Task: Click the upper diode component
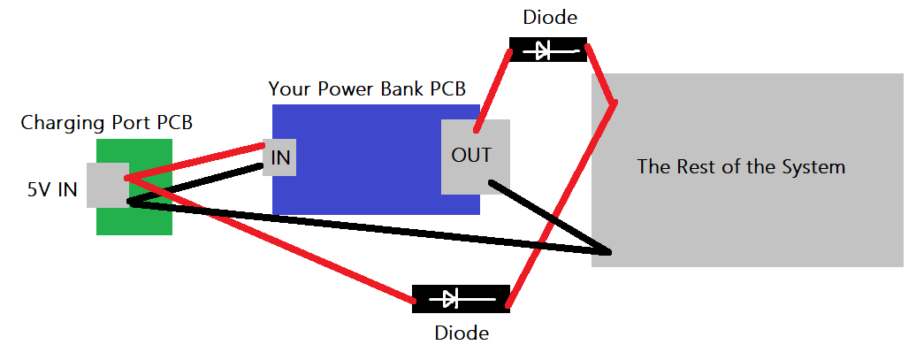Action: click(x=549, y=50)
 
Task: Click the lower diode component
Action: click(x=461, y=298)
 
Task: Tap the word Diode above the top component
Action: click(x=549, y=18)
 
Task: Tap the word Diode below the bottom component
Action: click(x=461, y=333)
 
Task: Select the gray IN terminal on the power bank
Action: click(x=280, y=157)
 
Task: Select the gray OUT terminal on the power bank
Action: click(x=475, y=157)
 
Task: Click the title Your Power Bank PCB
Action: click(x=367, y=88)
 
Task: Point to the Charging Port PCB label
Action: click(x=106, y=122)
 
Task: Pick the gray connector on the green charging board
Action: click(x=106, y=185)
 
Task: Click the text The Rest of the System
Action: click(x=741, y=166)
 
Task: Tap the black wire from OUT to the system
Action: click(x=548, y=217)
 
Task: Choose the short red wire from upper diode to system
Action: click(x=601, y=74)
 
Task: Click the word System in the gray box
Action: click(x=816, y=166)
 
